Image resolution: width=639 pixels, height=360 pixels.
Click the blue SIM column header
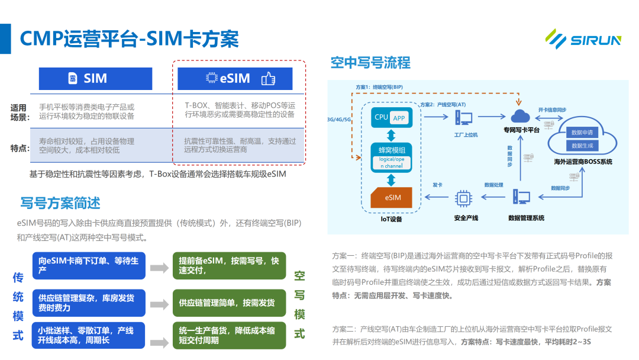(x=95, y=78)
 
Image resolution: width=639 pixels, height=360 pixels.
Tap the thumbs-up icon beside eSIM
(x=268, y=78)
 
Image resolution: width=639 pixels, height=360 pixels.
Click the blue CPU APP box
(x=391, y=117)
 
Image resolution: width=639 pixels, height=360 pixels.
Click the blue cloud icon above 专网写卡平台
(x=521, y=116)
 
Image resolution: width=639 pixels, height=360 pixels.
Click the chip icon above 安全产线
(x=462, y=199)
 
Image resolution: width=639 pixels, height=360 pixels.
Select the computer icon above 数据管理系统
(x=521, y=198)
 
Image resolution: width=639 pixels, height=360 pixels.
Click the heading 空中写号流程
(x=370, y=63)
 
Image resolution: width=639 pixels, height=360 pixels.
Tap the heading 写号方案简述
(x=60, y=203)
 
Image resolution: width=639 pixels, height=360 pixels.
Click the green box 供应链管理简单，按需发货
(x=229, y=303)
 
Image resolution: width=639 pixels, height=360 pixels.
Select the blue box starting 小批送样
(x=89, y=335)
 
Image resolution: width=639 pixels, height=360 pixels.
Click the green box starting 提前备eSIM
(x=229, y=266)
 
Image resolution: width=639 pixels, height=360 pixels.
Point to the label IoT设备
(x=391, y=219)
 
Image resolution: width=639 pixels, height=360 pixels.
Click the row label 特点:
(x=20, y=147)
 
